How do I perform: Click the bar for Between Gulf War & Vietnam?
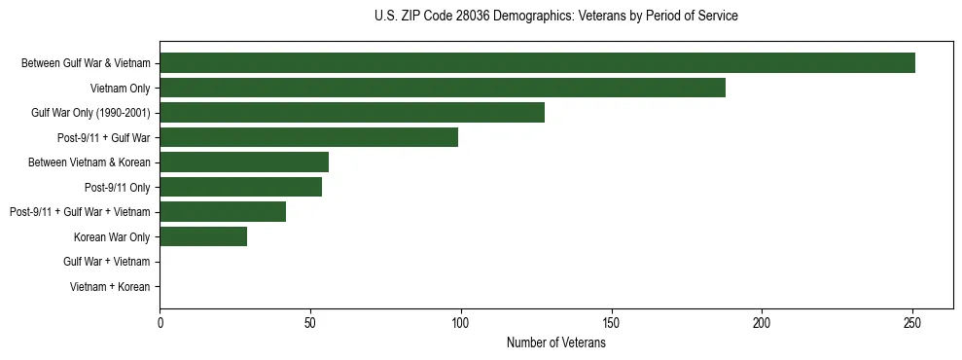pyautogui.click(x=537, y=63)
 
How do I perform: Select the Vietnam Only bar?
pyautogui.click(x=443, y=88)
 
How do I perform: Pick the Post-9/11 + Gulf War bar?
pyautogui.click(x=308, y=137)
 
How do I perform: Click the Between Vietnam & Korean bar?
pyautogui.click(x=244, y=162)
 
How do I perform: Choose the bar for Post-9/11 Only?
pyautogui.click(x=241, y=187)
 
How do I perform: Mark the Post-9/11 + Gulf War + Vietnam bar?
pyautogui.click(x=223, y=212)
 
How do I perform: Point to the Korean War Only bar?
pyautogui.click(x=203, y=236)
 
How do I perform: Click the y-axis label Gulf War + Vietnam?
pyautogui.click(x=107, y=262)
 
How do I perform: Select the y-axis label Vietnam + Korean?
pyautogui.click(x=110, y=287)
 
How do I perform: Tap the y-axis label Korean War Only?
pyautogui.click(x=112, y=236)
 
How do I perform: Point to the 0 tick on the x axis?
pyautogui.click(x=160, y=322)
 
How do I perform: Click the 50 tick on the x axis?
pyautogui.click(x=310, y=322)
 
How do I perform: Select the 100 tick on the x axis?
pyautogui.click(x=461, y=322)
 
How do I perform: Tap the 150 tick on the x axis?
pyautogui.click(x=611, y=322)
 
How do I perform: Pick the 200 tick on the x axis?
pyautogui.click(x=762, y=322)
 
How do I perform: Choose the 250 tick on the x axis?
pyautogui.click(x=912, y=322)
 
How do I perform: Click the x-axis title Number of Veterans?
pyautogui.click(x=555, y=342)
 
